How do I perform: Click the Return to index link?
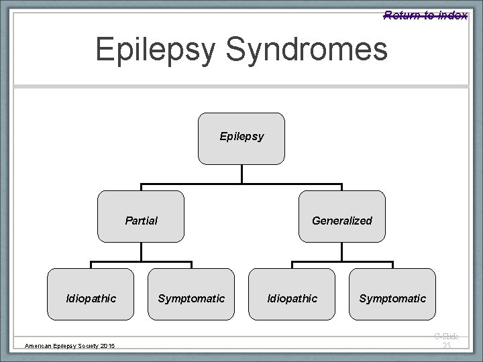(x=425, y=15)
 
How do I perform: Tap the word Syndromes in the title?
(x=321, y=50)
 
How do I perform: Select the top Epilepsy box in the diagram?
(x=241, y=137)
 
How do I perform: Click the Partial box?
(x=141, y=216)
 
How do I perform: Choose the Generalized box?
(x=342, y=216)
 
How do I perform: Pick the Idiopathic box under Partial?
(x=91, y=294)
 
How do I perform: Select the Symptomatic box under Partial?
(x=191, y=294)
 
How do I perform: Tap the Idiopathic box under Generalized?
(x=292, y=294)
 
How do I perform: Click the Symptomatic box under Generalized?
(x=392, y=294)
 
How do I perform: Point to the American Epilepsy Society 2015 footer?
(x=70, y=345)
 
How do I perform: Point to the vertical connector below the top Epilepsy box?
(x=241, y=174)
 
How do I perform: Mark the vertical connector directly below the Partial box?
(x=141, y=251)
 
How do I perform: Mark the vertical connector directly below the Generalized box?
(x=342, y=251)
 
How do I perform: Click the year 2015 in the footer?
(x=107, y=345)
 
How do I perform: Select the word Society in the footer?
(x=85, y=345)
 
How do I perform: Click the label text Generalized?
(x=342, y=221)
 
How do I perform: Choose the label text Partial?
(x=142, y=221)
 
